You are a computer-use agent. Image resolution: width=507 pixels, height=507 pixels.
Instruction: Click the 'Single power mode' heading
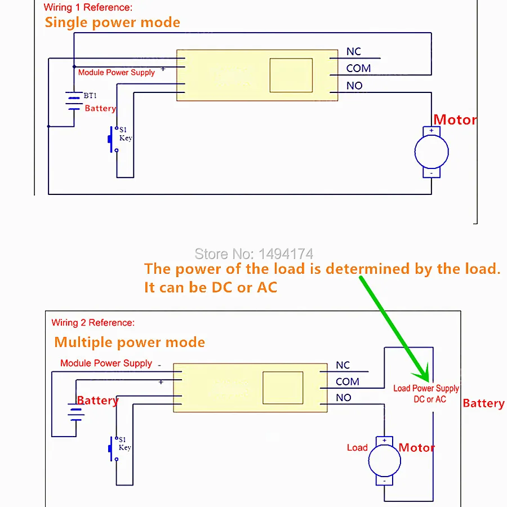tap(112, 23)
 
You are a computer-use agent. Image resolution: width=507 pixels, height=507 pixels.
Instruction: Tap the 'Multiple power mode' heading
tap(130, 342)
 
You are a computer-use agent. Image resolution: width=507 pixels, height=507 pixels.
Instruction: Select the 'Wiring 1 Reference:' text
tap(88, 7)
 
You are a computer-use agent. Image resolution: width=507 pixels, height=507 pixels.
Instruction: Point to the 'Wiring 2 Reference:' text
tap(93, 322)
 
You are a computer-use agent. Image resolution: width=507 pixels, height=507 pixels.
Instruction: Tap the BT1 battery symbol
tap(74, 101)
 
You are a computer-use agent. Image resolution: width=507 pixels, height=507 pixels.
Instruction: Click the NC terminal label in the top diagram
tap(353, 51)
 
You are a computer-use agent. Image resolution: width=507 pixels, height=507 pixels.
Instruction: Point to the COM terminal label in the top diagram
tap(358, 68)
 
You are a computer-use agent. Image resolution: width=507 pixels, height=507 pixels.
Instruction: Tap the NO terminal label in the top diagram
tap(354, 86)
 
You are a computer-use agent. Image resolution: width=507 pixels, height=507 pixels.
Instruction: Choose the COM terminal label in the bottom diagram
tap(347, 381)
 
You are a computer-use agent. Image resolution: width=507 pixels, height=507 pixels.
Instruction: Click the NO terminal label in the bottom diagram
tap(344, 397)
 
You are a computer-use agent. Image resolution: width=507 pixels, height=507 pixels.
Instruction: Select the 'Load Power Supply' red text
tap(426, 388)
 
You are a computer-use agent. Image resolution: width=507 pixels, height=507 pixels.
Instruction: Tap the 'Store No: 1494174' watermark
tap(254, 254)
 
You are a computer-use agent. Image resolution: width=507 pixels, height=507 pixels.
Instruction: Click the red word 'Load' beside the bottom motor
tap(357, 447)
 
